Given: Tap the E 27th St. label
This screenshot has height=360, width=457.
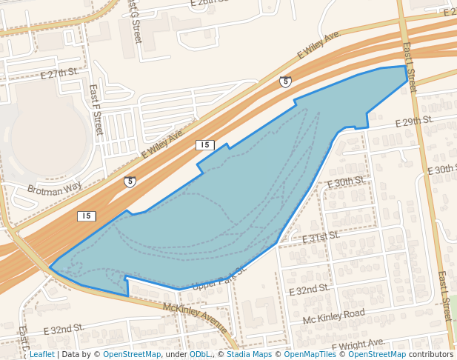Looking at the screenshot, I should [x=60, y=73].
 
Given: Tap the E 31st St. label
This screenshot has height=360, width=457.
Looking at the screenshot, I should [x=320, y=237].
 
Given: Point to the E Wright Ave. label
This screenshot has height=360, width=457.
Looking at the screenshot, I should [x=358, y=344].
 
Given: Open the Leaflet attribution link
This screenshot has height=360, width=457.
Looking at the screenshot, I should [x=41, y=354].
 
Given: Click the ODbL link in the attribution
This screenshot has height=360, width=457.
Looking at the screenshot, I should [x=200, y=354].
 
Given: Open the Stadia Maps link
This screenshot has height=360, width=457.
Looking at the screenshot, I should [x=247, y=354].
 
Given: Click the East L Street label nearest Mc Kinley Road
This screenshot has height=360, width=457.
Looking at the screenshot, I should [x=444, y=296].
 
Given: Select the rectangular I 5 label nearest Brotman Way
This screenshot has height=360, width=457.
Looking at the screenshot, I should [x=87, y=216].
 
